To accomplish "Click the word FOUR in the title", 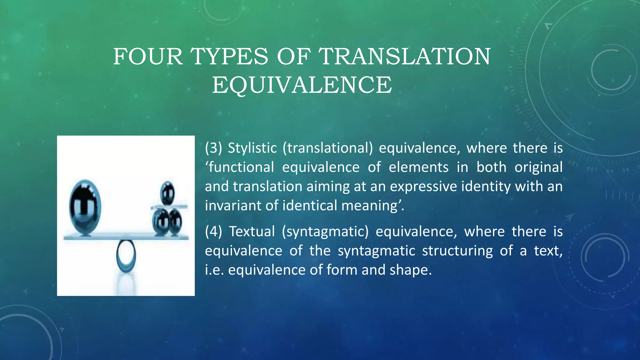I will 148,57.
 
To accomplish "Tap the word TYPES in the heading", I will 229,57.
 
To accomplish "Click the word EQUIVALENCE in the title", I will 302,85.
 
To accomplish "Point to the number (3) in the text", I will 213,148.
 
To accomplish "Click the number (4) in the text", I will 213,232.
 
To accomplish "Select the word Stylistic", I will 252,148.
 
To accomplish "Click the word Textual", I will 252,232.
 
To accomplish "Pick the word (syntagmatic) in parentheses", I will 325,232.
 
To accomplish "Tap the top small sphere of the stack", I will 167,193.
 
